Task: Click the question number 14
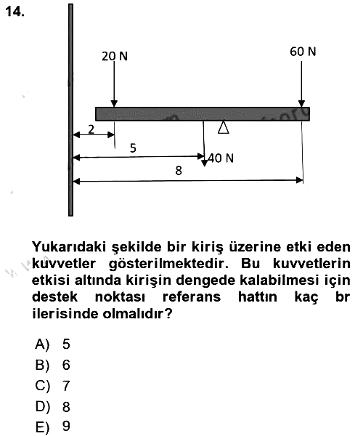click(x=15, y=12)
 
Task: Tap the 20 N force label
click(x=115, y=57)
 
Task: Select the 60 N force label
click(x=303, y=52)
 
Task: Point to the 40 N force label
click(x=221, y=158)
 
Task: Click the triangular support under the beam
click(x=224, y=128)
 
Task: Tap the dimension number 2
click(x=91, y=129)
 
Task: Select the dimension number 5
click(x=133, y=148)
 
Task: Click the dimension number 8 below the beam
click(x=179, y=171)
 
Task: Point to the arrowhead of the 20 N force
click(x=114, y=104)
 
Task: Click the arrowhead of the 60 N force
click(x=301, y=104)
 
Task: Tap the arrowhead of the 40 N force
click(x=205, y=163)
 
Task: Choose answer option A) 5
click(x=52, y=344)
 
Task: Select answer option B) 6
click(x=52, y=365)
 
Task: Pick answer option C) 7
click(x=52, y=386)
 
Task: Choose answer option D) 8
click(x=52, y=406)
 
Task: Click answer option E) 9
click(x=52, y=427)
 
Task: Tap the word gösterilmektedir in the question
click(x=168, y=264)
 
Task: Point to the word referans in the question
click(x=192, y=297)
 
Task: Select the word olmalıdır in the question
click(x=137, y=314)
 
